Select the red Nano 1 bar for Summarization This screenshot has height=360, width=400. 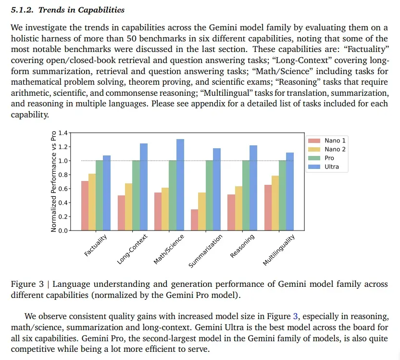tap(194, 219)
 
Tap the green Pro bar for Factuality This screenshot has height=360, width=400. tap(99, 195)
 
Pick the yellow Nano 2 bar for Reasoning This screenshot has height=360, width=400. tap(238, 208)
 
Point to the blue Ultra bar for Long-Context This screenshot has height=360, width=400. tap(143, 187)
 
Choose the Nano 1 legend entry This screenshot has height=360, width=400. tap(327, 141)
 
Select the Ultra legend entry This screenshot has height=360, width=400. tap(327, 167)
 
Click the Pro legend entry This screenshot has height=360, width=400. tap(327, 158)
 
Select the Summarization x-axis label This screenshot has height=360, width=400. tap(206, 251)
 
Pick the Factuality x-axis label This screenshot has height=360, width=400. tap(96, 245)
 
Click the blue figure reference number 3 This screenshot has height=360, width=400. tap(295, 316)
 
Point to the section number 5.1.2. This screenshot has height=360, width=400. tap(21, 10)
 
